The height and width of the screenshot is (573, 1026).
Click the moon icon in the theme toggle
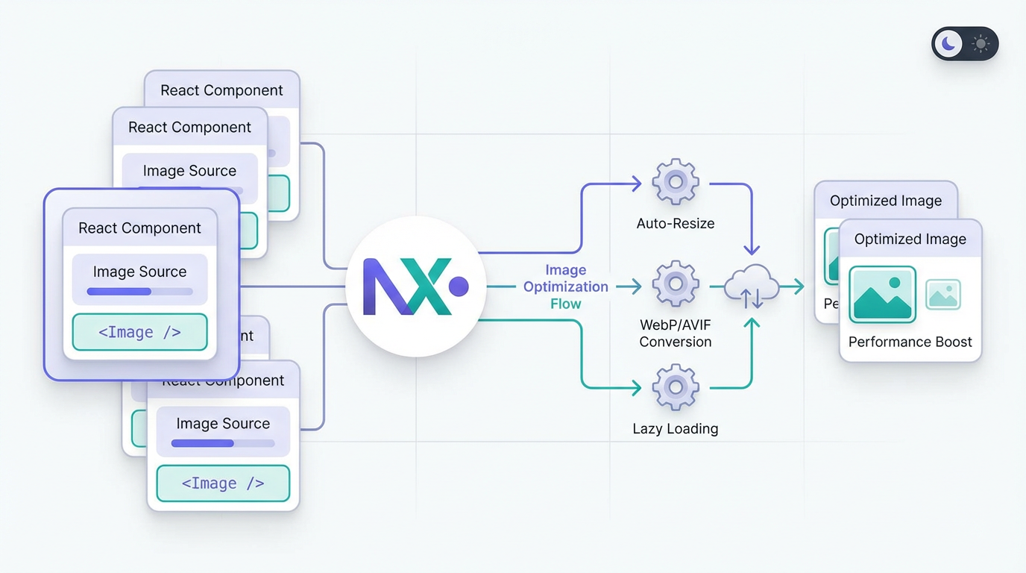[x=948, y=44]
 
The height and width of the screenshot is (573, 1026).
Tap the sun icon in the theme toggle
[x=981, y=44]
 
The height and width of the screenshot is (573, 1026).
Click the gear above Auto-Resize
[x=676, y=181]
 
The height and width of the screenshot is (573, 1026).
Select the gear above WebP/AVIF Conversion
[x=676, y=284]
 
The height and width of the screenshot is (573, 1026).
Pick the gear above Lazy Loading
[x=676, y=387]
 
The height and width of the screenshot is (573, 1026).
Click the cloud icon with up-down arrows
[x=752, y=287]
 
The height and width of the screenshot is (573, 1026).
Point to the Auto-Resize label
[x=676, y=223]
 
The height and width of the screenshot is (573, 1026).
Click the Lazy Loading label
[x=676, y=429]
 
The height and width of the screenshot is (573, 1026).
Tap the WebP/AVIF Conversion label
[x=676, y=334]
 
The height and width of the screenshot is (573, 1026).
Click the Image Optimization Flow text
[x=566, y=286]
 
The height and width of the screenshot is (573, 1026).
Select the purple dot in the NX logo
[x=459, y=286]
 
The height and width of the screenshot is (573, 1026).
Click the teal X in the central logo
[x=427, y=286]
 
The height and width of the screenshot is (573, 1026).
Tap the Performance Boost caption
[x=910, y=342]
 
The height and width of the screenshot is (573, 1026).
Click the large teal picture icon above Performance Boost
[x=883, y=294]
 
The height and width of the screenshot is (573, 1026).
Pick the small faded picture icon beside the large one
[x=943, y=295]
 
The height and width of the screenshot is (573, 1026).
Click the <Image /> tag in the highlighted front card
[x=139, y=333]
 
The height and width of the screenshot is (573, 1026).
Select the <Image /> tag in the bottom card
[x=223, y=483]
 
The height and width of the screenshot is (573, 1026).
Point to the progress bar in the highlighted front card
[x=139, y=292]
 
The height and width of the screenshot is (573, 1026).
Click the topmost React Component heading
[x=221, y=90]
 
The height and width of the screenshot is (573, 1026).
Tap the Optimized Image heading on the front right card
[x=910, y=239]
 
